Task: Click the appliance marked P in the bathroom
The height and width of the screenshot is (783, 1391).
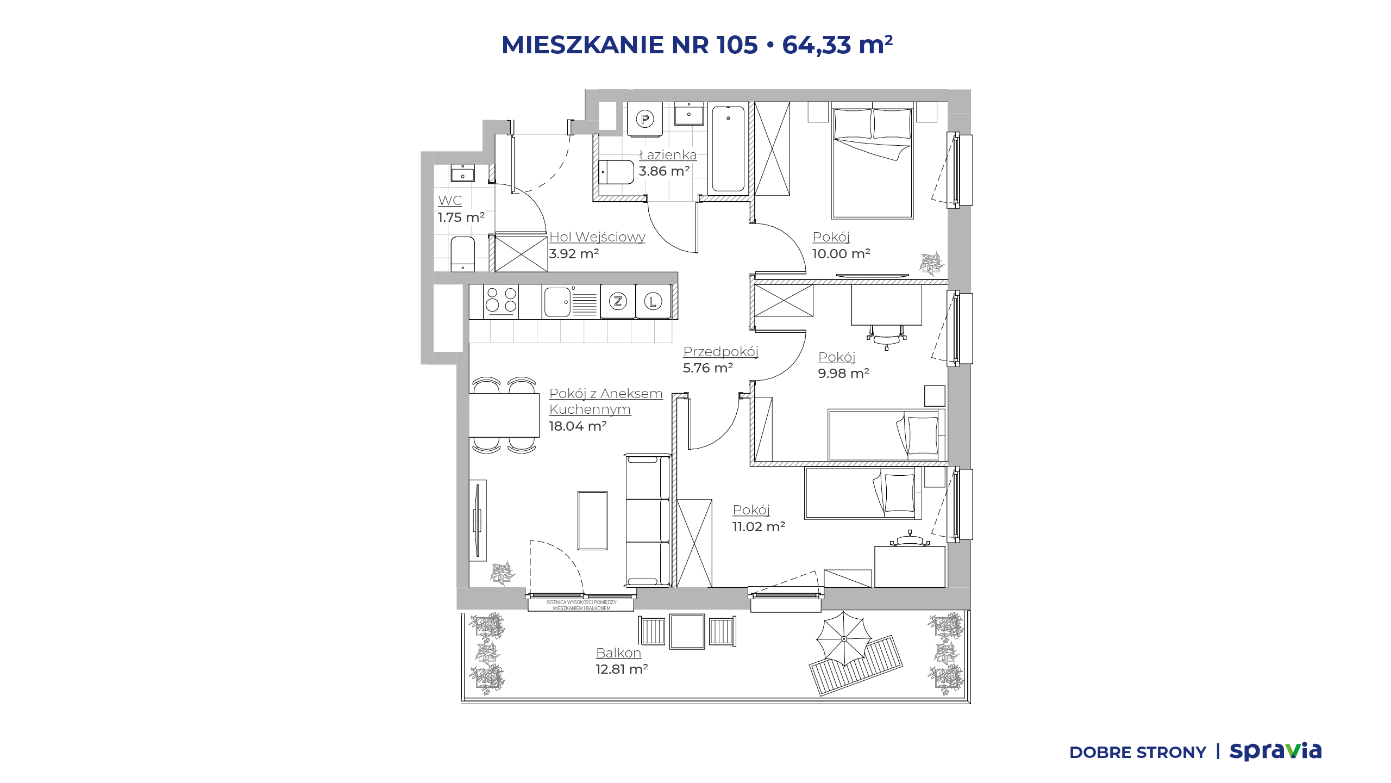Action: pyautogui.click(x=644, y=119)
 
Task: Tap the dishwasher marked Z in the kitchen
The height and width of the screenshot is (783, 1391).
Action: pyautogui.click(x=618, y=301)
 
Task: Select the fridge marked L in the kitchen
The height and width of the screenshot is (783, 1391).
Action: pyautogui.click(x=653, y=301)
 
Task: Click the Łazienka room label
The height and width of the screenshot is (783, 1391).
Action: pyautogui.click(x=668, y=155)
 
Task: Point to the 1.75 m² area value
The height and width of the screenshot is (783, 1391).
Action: pyautogui.click(x=461, y=217)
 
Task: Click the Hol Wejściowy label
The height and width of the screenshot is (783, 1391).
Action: pyautogui.click(x=597, y=237)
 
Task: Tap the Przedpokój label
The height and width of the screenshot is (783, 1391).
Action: pyautogui.click(x=720, y=352)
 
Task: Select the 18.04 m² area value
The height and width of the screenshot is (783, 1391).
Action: pyautogui.click(x=578, y=426)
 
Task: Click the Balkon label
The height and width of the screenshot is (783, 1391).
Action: pyautogui.click(x=618, y=652)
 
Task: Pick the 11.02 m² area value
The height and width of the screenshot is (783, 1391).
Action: pyautogui.click(x=759, y=526)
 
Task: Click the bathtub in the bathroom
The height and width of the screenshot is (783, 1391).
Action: pyautogui.click(x=728, y=148)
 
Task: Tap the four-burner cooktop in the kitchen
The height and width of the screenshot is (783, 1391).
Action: pyautogui.click(x=501, y=301)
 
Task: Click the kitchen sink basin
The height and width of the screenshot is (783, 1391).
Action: pyautogui.click(x=557, y=302)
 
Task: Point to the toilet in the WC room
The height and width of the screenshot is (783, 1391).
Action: pyautogui.click(x=462, y=253)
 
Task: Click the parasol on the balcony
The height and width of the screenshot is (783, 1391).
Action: pyautogui.click(x=844, y=638)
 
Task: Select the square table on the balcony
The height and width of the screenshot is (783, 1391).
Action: pyautogui.click(x=687, y=631)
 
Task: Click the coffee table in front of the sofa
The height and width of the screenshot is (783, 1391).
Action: pyautogui.click(x=592, y=520)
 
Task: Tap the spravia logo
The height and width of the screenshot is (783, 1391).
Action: pyautogui.click(x=1275, y=751)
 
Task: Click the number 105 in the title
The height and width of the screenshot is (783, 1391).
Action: pyautogui.click(x=737, y=45)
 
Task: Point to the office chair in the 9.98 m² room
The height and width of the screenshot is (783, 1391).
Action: pyautogui.click(x=887, y=336)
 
